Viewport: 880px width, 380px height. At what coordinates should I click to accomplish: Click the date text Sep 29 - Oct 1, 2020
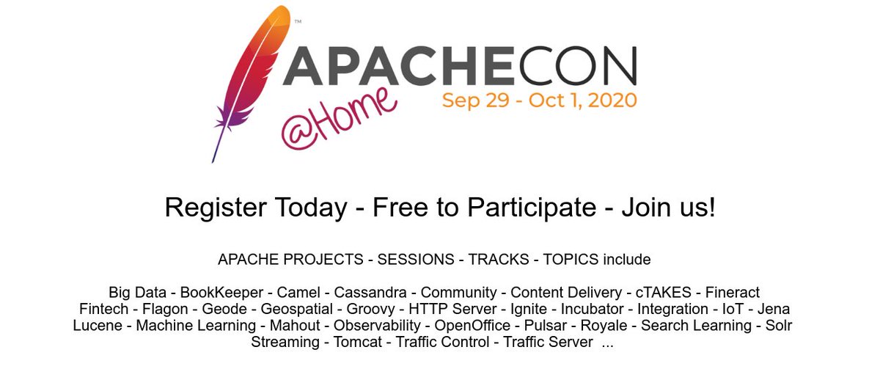point(539,100)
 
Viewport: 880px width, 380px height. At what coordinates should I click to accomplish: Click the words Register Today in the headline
point(255,208)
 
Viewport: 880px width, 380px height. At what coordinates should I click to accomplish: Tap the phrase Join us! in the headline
point(667,208)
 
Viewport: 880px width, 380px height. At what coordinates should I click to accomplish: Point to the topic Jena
point(774,309)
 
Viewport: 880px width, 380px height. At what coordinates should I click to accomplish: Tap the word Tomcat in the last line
point(359,343)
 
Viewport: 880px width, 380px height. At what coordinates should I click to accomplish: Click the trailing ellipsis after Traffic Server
point(607,343)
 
